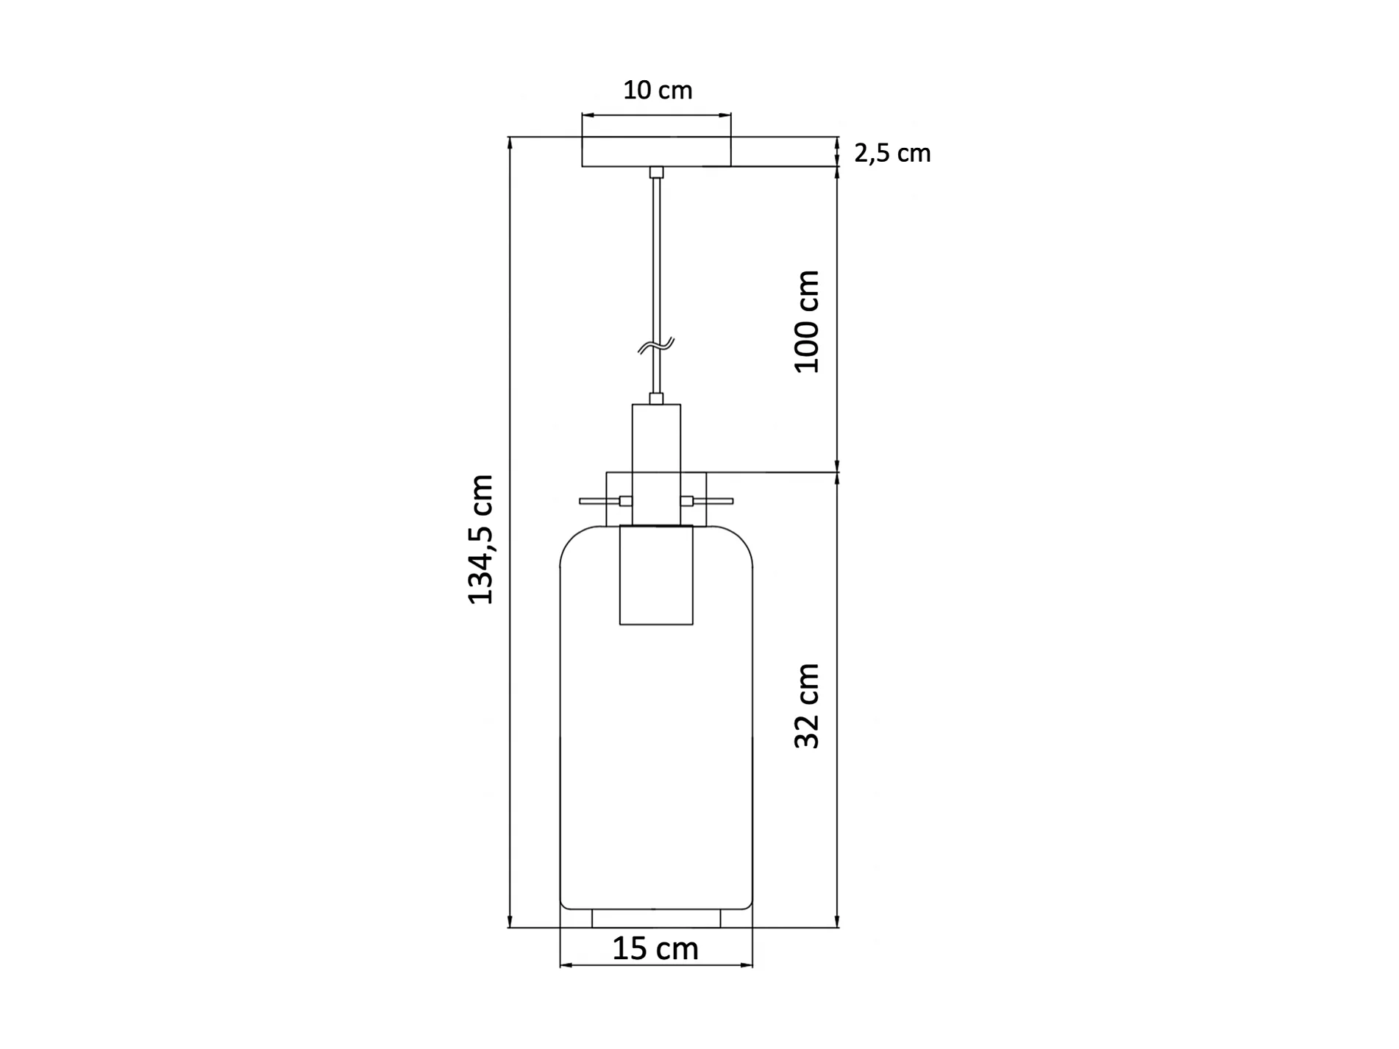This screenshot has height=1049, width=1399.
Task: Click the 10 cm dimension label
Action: [658, 90]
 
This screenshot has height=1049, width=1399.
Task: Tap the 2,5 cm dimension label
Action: [892, 153]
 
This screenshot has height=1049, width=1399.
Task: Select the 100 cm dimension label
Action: [807, 321]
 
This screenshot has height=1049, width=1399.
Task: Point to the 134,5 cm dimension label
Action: [481, 539]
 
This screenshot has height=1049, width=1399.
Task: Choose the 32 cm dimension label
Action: [807, 705]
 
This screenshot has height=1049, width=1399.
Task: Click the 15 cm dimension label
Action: [655, 948]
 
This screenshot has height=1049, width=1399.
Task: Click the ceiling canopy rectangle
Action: [656, 152]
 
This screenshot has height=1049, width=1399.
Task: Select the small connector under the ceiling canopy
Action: [656, 172]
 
